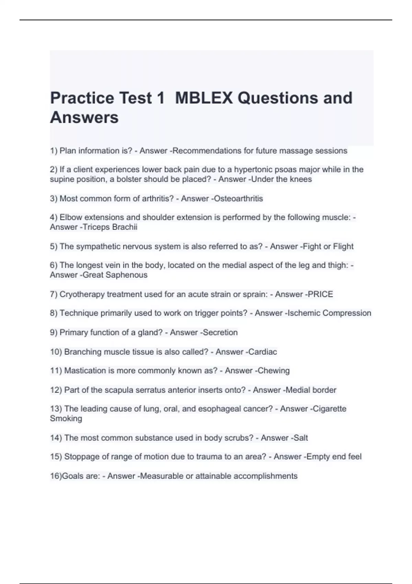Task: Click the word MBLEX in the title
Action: coord(204,98)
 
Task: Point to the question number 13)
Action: coord(56,409)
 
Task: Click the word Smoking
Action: coord(66,418)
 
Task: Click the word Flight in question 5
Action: coord(343,247)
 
